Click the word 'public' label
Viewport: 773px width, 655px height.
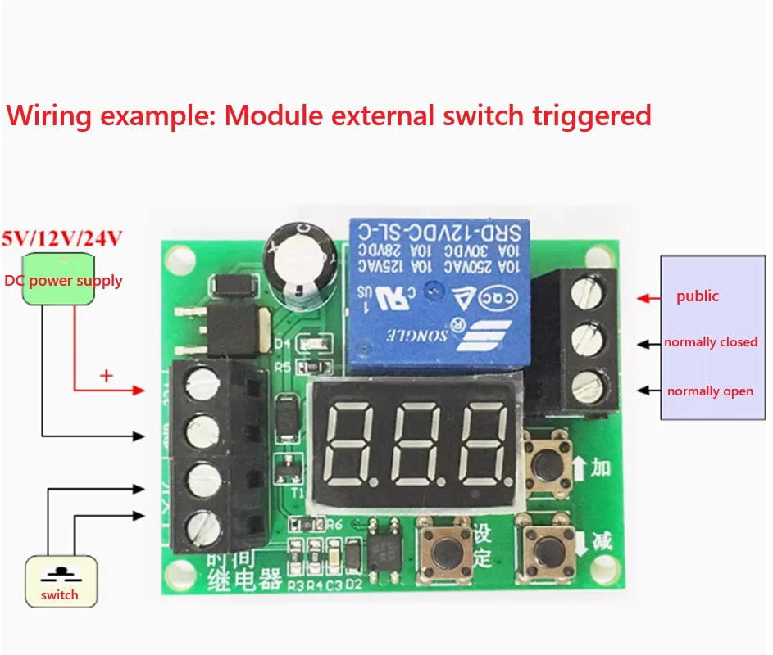pos(698,296)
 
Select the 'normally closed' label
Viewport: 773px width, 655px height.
pos(711,342)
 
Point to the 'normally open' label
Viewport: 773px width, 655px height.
pos(710,391)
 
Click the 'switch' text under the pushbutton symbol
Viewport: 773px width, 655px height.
pos(60,595)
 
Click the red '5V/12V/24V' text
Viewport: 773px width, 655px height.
pos(62,238)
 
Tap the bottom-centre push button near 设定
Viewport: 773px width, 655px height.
pos(443,546)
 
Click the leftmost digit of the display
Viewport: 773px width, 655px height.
pos(351,443)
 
